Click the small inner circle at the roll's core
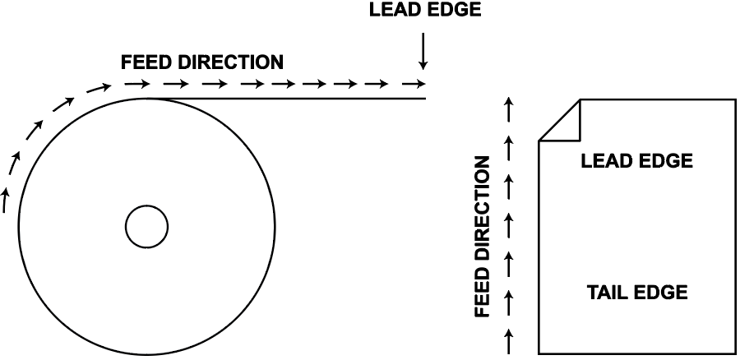click(x=146, y=226)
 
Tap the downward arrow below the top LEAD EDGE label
click(x=423, y=51)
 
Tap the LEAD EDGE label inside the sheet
click(x=636, y=161)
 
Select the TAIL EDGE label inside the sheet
click(x=637, y=292)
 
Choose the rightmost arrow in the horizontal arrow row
click(x=418, y=84)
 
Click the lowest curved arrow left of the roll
click(x=6, y=199)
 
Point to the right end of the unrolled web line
click(x=425, y=99)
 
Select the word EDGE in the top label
click(x=451, y=10)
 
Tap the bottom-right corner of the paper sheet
click(x=735, y=353)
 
